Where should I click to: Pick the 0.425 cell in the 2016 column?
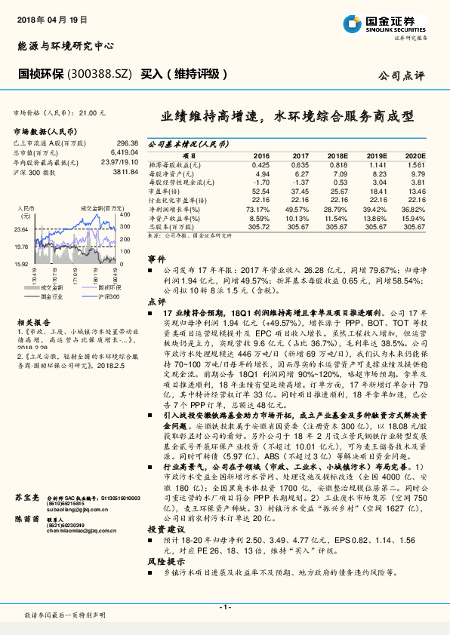(x=261, y=164)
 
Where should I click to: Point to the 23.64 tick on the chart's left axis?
(x=21, y=229)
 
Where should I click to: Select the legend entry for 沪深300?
(x=110, y=296)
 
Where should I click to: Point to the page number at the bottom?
(x=224, y=607)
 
